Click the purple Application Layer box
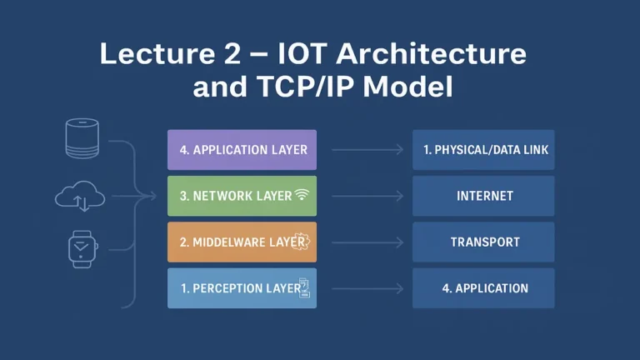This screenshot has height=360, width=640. (x=242, y=150)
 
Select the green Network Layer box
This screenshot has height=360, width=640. (x=242, y=196)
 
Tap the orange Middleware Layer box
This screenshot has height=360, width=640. (x=242, y=242)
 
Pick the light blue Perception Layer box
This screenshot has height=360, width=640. (x=242, y=287)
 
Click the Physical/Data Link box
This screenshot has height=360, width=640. (x=483, y=150)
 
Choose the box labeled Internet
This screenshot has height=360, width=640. (x=483, y=196)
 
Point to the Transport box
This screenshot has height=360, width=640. (x=483, y=242)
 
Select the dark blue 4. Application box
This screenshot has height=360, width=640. (x=483, y=287)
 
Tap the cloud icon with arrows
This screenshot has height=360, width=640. (x=80, y=197)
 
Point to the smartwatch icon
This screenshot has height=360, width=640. (x=82, y=247)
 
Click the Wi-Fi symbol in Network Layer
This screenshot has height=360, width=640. (x=302, y=196)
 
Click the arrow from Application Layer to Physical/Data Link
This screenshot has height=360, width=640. (x=367, y=151)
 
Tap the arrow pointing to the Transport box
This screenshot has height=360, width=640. (x=367, y=242)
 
